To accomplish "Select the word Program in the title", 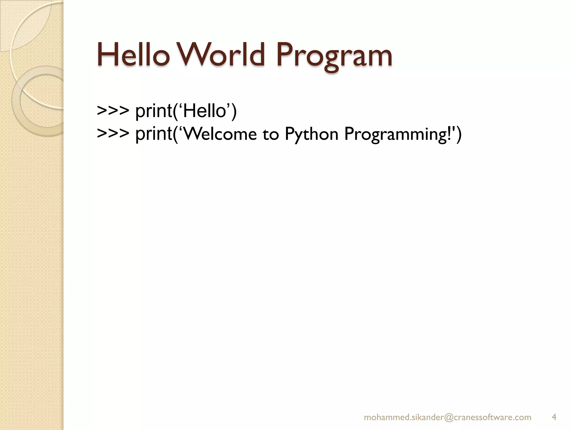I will [334, 57].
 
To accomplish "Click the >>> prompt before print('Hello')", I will [113, 111].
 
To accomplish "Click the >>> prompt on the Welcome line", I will [113, 134].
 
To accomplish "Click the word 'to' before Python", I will [271, 134].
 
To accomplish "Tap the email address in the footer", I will [447, 417].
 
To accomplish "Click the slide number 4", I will [554, 417].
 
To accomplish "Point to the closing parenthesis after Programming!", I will [459, 134].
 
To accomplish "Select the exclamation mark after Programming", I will [449, 134].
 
